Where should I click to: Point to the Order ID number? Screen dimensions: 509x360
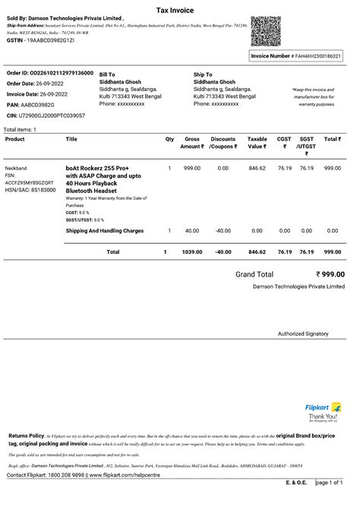tap(61, 73)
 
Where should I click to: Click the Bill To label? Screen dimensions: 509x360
tap(107, 74)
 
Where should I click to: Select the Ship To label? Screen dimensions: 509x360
tap(203, 74)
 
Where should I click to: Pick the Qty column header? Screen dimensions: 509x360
tap(169, 139)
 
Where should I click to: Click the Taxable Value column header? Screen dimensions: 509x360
tap(257, 143)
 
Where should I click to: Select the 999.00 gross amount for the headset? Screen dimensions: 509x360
tap(192, 167)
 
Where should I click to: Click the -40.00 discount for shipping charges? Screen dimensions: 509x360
tap(223, 230)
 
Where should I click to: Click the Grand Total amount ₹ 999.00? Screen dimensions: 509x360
tap(330, 274)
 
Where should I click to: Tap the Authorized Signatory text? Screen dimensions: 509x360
tap(303, 334)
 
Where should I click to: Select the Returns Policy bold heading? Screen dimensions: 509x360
tap(26, 435)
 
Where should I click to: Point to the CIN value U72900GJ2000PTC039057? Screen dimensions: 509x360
tap(51, 115)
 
